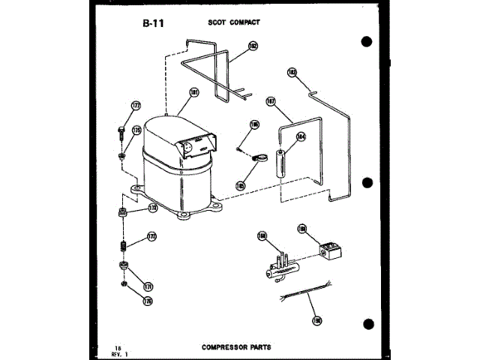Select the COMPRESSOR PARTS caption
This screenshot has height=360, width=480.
pos(236,347)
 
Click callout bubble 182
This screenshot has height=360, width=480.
pos(253,46)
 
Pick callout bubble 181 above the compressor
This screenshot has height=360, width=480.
pos(193,93)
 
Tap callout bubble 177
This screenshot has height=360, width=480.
pos(136,106)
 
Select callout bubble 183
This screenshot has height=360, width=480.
pos(292,73)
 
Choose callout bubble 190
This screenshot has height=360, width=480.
pos(316,320)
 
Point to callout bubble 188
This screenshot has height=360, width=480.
pos(262,236)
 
